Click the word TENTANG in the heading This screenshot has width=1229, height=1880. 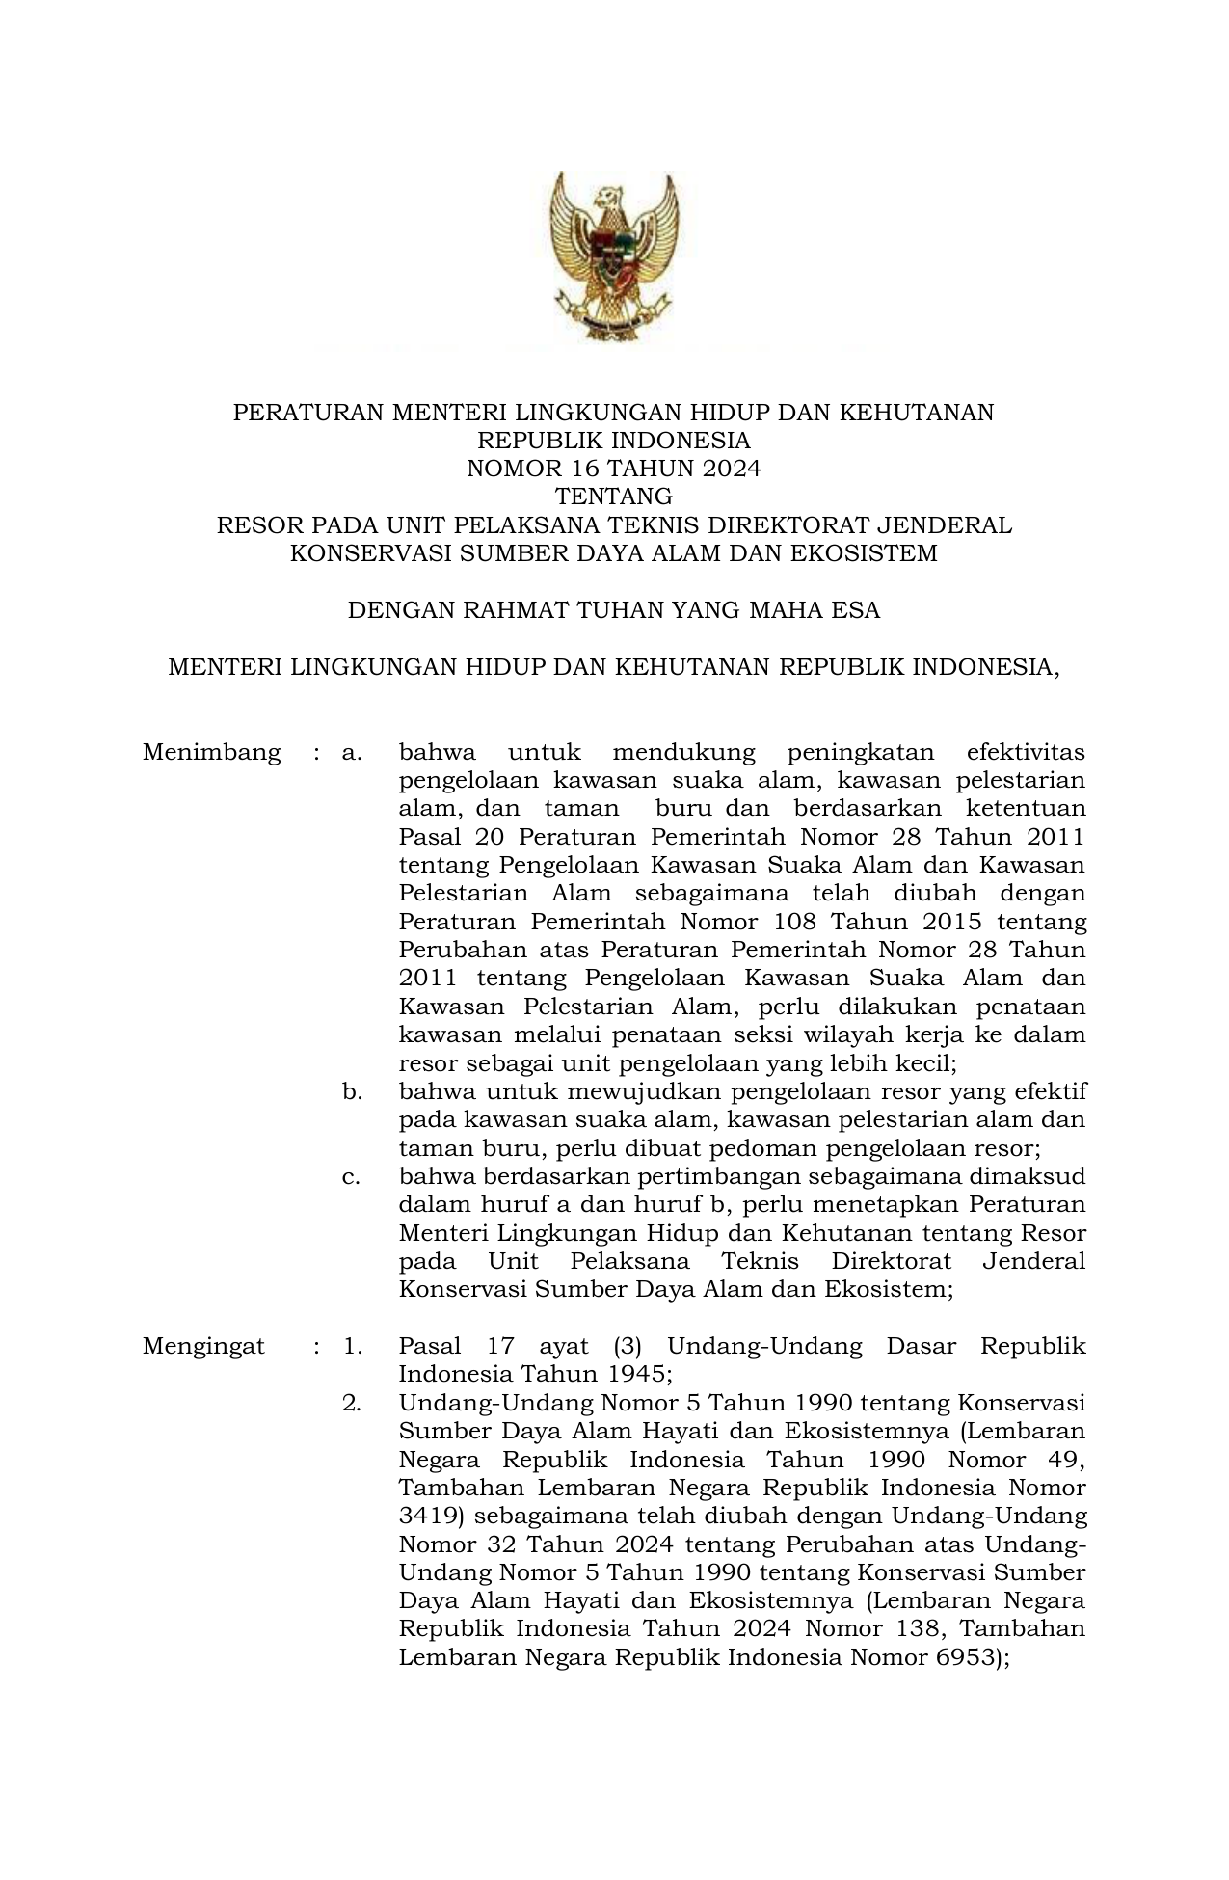(614, 497)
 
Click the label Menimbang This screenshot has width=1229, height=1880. (211, 752)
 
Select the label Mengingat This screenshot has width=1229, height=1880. (203, 1346)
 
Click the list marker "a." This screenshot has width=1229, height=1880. (351, 752)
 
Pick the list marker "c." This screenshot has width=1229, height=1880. (351, 1177)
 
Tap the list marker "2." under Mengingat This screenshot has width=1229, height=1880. (352, 1403)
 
